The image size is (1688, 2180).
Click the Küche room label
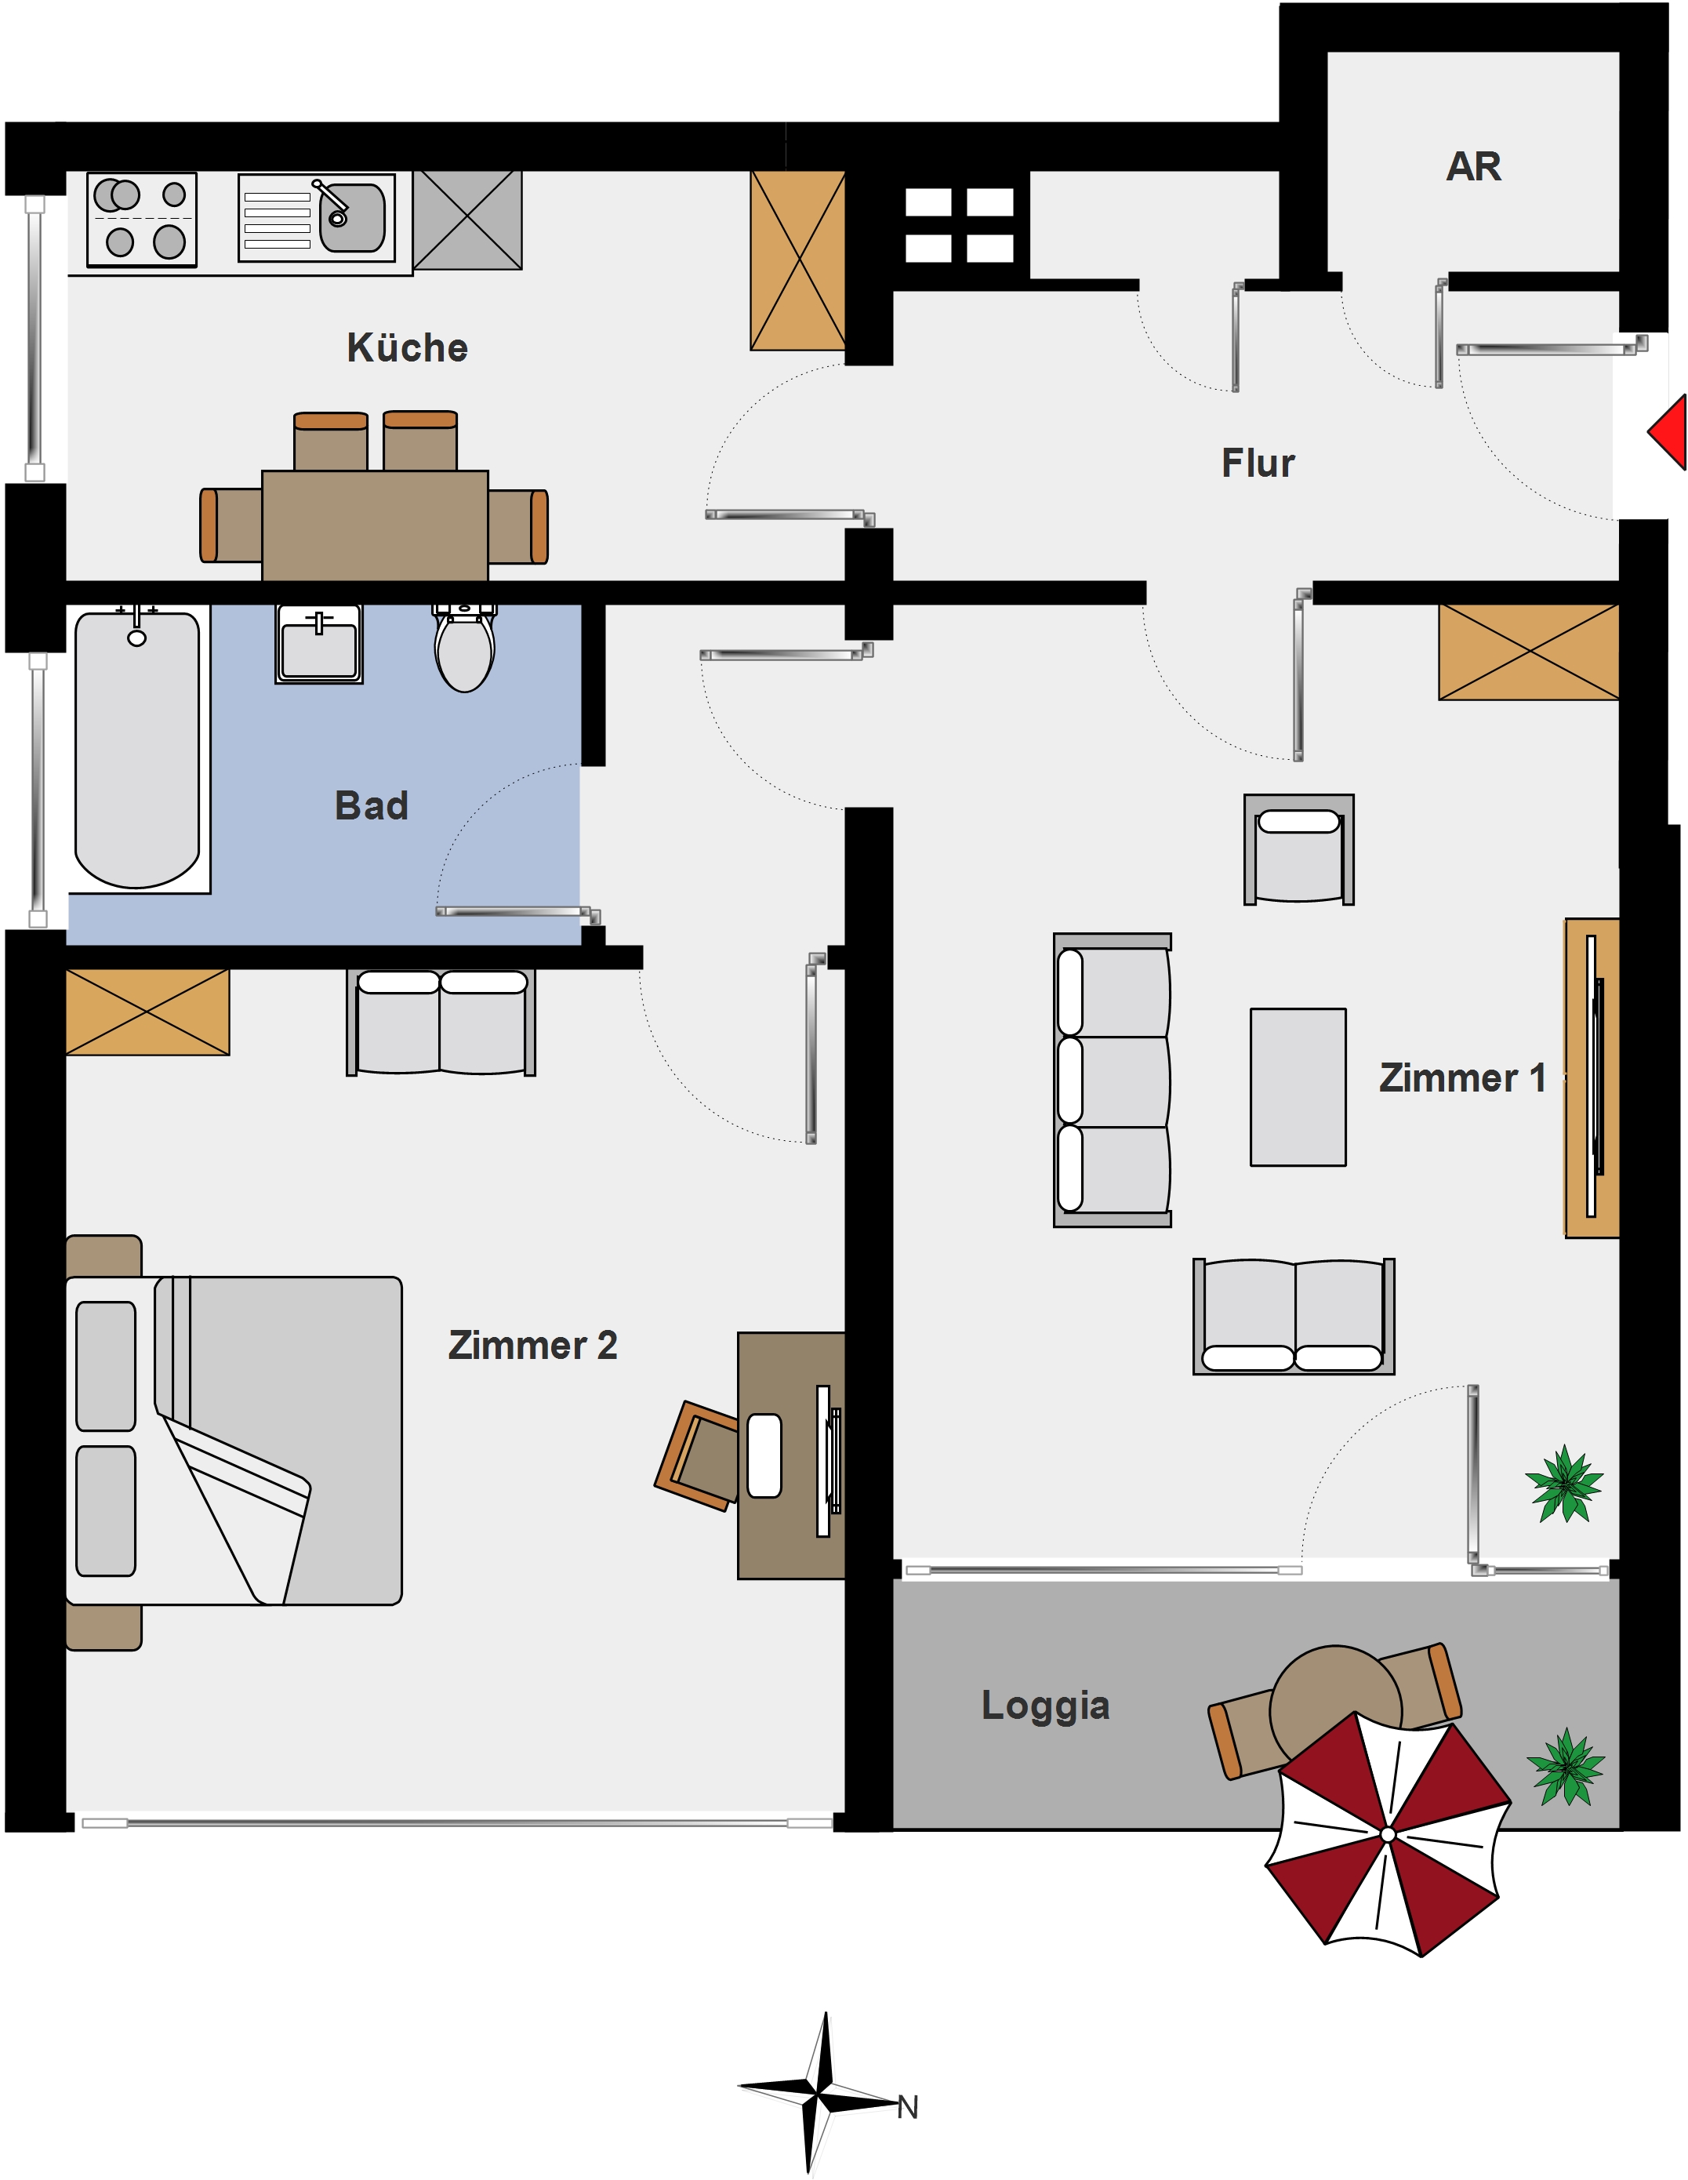tap(407, 347)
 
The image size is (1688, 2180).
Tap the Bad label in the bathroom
tap(372, 805)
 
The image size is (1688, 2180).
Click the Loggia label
tap(1045, 1705)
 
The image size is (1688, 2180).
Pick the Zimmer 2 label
tap(532, 1345)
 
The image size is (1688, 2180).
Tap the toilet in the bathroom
tap(464, 647)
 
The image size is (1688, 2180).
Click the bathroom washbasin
tap(319, 644)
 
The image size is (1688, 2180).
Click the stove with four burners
tap(142, 220)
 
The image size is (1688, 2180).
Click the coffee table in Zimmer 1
tap(1298, 1087)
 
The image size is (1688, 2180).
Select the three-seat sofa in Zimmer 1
tap(1112, 1080)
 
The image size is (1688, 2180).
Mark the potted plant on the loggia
tap(1565, 1768)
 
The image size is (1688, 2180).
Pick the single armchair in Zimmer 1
tap(1298, 849)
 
